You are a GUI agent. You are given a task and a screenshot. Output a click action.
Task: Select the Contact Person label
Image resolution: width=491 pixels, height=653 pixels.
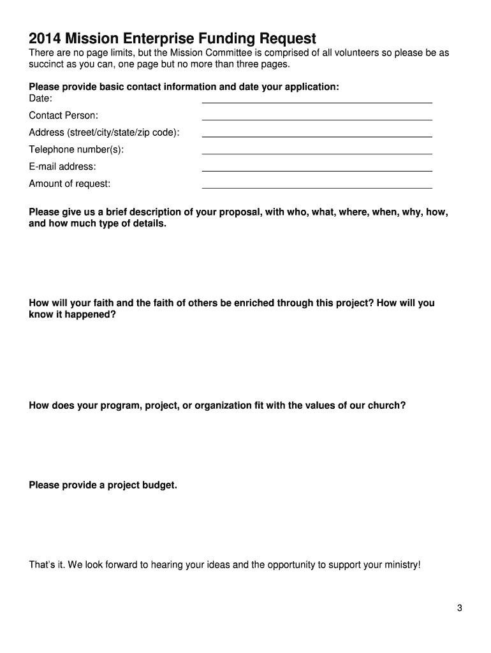point(63,115)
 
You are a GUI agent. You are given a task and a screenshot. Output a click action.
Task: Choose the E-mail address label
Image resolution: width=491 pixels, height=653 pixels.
point(62,166)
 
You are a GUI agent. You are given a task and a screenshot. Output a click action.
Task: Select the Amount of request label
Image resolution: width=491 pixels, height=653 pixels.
point(70,184)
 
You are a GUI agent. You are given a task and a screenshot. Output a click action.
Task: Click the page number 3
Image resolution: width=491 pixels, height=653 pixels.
point(459,608)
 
